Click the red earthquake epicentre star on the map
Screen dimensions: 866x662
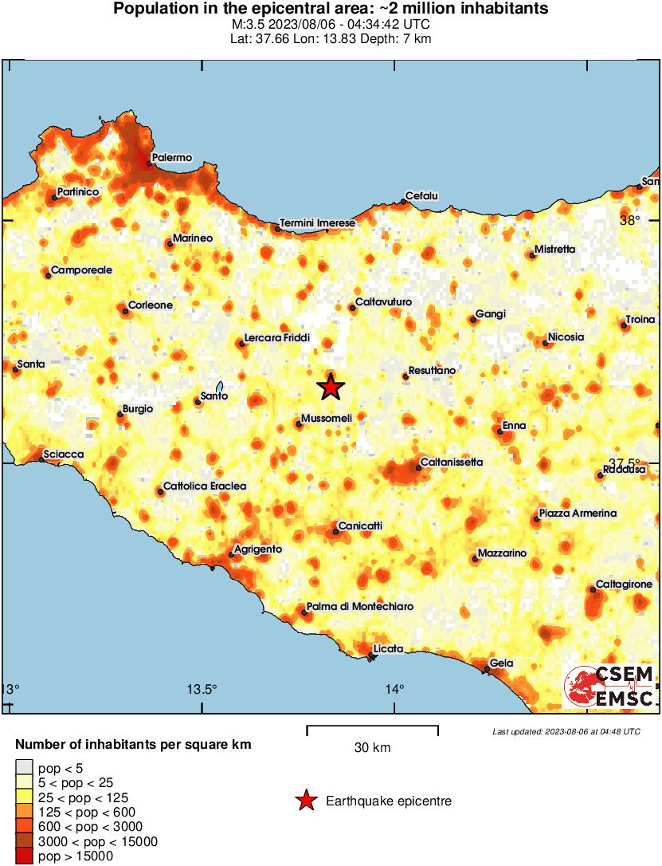pyautogui.click(x=331, y=388)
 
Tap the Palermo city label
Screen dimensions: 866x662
pyautogui.click(x=172, y=159)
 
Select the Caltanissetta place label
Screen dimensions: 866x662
pyautogui.click(x=451, y=463)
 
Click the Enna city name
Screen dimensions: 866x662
pyautogui.click(x=514, y=426)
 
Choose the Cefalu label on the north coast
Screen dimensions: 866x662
pyautogui.click(x=422, y=196)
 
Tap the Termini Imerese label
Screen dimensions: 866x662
pyautogui.click(x=317, y=223)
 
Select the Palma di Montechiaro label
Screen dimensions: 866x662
pyautogui.click(x=360, y=607)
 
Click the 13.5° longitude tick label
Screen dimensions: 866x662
pyautogui.click(x=202, y=690)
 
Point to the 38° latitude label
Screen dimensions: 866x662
pyautogui.click(x=630, y=221)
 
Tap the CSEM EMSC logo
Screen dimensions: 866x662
pyautogui.click(x=609, y=687)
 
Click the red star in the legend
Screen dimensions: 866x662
pyautogui.click(x=306, y=801)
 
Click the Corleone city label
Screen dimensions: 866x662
pyautogui.click(x=151, y=305)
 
